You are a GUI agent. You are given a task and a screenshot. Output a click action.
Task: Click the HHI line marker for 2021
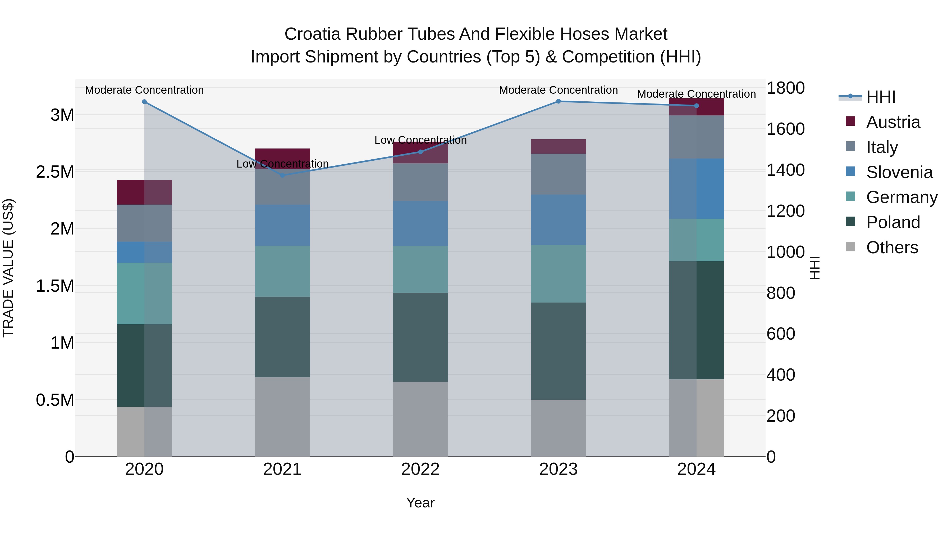282,175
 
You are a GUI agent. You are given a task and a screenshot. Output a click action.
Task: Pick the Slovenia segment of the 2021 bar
282,225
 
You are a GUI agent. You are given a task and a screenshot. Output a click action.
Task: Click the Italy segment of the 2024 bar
696,137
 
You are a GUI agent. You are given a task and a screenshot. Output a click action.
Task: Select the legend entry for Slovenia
899,172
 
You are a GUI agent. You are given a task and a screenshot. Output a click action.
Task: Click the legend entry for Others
891,247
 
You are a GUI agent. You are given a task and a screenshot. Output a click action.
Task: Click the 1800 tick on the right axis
785,88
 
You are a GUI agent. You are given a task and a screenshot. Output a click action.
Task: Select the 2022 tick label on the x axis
420,469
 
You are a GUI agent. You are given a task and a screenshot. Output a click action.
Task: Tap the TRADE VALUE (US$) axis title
8,268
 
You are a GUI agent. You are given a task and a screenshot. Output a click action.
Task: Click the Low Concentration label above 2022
420,140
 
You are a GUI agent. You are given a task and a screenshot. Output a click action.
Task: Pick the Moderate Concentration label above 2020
144,90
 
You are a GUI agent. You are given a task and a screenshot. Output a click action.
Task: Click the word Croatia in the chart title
312,34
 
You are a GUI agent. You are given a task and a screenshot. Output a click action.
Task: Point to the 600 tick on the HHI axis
781,334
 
